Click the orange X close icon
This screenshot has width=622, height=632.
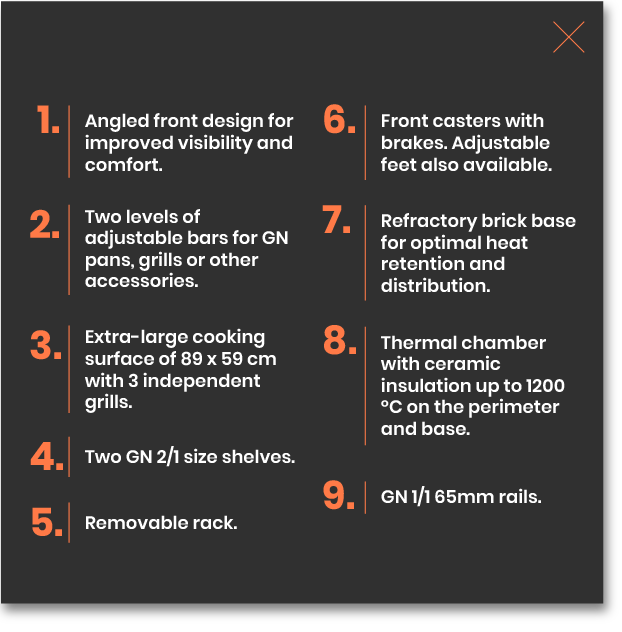coord(568,37)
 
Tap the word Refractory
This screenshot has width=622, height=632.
coord(429,221)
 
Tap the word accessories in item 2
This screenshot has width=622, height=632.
coord(141,281)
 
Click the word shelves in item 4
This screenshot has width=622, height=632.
coord(258,457)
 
